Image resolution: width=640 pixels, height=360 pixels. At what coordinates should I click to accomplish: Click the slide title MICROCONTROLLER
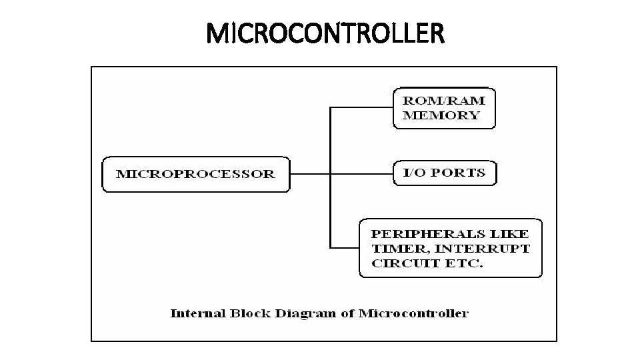[325, 33]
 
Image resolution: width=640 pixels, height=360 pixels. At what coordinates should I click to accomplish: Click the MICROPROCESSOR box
[195, 174]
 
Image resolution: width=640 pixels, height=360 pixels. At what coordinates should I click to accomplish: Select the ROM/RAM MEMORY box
[445, 107]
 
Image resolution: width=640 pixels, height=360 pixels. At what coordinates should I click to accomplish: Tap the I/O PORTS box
[445, 173]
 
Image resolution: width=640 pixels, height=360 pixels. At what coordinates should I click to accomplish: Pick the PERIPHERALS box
[451, 248]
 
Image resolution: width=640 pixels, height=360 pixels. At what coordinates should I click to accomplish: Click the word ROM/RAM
[444, 101]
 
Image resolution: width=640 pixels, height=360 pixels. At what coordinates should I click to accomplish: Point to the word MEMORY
[440, 115]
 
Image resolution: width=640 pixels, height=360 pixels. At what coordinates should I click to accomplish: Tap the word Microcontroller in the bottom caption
[413, 313]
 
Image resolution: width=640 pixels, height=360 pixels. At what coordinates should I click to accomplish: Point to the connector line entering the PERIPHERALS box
[345, 248]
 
